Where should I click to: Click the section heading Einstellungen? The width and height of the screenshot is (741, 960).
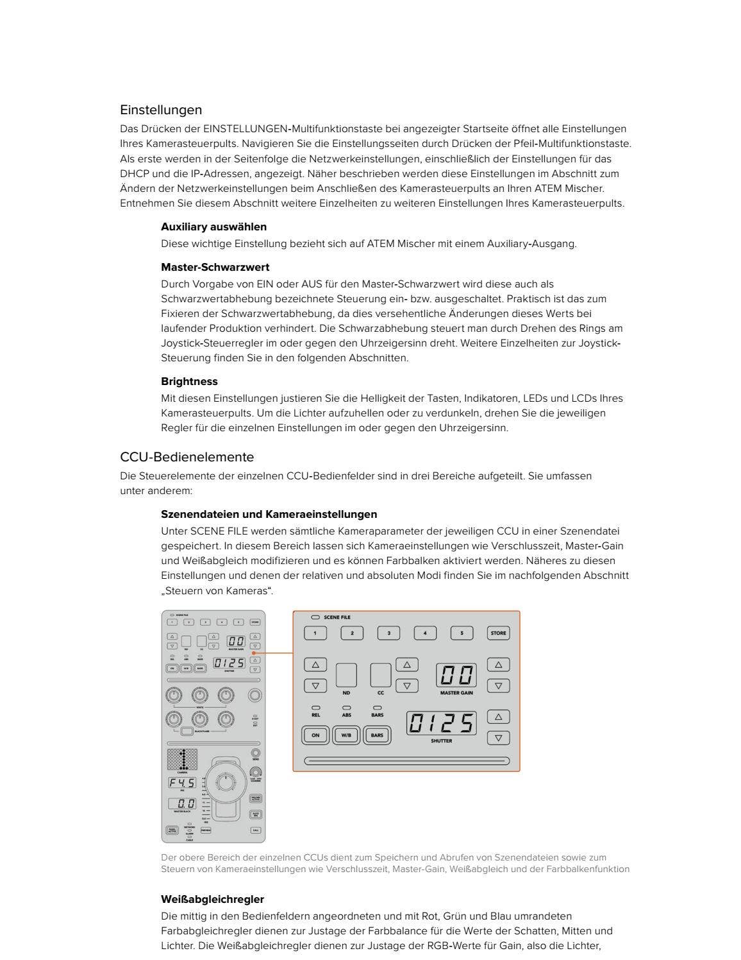pyautogui.click(x=160, y=110)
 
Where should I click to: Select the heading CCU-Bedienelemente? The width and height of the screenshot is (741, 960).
pyautogui.click(x=187, y=457)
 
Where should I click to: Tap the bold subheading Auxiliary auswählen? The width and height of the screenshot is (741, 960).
pyautogui.click(x=213, y=227)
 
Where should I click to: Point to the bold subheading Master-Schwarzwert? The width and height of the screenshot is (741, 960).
pyautogui.click(x=215, y=267)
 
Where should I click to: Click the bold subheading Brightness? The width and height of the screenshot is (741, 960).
pyautogui.click(x=189, y=381)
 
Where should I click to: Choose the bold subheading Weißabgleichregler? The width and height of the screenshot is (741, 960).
pyautogui.click(x=212, y=899)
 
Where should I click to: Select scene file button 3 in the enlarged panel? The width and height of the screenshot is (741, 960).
pyautogui.click(x=388, y=633)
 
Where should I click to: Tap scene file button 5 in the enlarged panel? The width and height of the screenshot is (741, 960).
pyautogui.click(x=462, y=633)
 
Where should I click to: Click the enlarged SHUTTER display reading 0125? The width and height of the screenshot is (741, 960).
pyautogui.click(x=442, y=724)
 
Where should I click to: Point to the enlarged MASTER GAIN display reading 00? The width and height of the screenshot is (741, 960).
pyautogui.click(x=456, y=676)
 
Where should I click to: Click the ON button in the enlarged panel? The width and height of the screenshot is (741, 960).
pyautogui.click(x=315, y=735)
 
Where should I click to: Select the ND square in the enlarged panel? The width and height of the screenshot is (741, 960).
pyautogui.click(x=346, y=676)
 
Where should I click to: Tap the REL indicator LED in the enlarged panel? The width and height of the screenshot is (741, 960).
pyautogui.click(x=315, y=708)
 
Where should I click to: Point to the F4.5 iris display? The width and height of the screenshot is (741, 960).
pyautogui.click(x=182, y=783)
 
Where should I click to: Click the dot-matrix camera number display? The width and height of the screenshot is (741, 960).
pyautogui.click(x=182, y=759)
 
